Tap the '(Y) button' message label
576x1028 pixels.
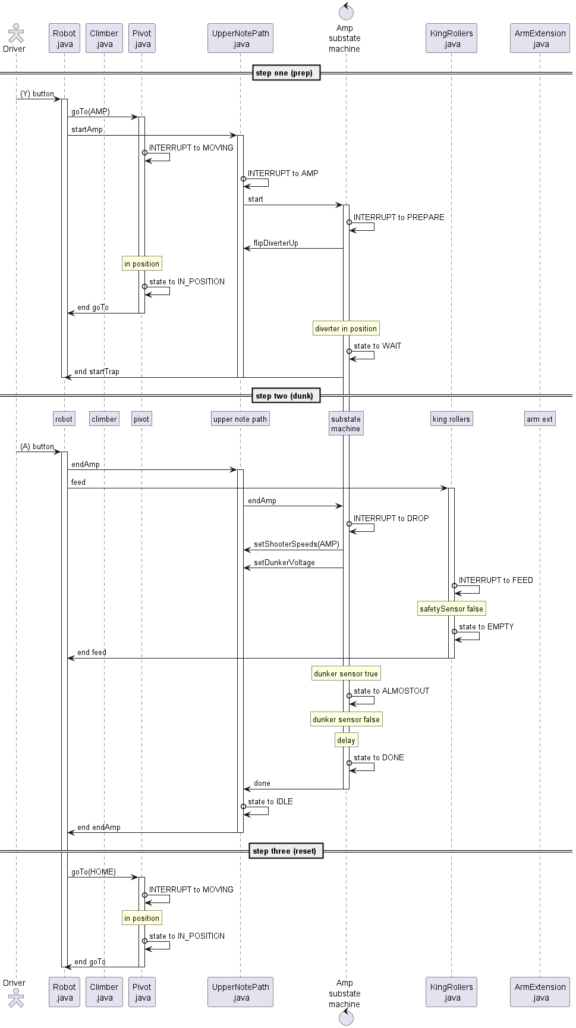pyautogui.click(x=37, y=94)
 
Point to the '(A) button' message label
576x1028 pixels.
pyautogui.click(x=37, y=447)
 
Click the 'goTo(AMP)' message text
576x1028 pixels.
pyautogui.click(x=90, y=112)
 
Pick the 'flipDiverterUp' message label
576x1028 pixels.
pyautogui.click(x=276, y=243)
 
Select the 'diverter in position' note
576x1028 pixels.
pyautogui.click(x=346, y=329)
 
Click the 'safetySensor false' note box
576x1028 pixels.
pyautogui.click(x=451, y=609)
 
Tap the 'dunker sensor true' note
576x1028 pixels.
pyautogui.click(x=346, y=674)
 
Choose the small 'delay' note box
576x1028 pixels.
pyautogui.click(x=346, y=741)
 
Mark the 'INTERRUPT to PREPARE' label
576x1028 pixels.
pyautogui.click(x=399, y=218)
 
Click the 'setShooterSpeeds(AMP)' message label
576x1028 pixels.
pyautogui.click(x=297, y=544)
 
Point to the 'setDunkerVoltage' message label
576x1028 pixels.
pyautogui.click(x=284, y=563)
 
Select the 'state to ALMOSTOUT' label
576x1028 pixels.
pyautogui.click(x=391, y=691)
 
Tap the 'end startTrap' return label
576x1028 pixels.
pyautogui.click(x=97, y=372)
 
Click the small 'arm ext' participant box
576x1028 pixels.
pyautogui.click(x=539, y=419)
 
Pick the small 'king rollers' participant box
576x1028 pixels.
pyautogui.click(x=451, y=419)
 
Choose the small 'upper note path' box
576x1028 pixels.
pyautogui.click(x=240, y=419)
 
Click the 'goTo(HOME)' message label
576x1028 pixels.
pyautogui.click(x=93, y=872)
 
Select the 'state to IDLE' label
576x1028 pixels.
pyautogui.click(x=270, y=802)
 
